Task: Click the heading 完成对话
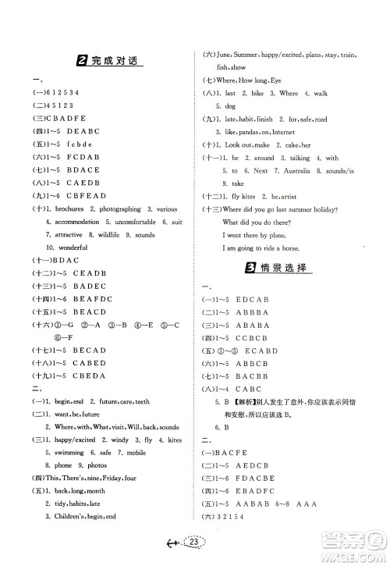coord(115,61)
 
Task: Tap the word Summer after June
coord(249,55)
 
